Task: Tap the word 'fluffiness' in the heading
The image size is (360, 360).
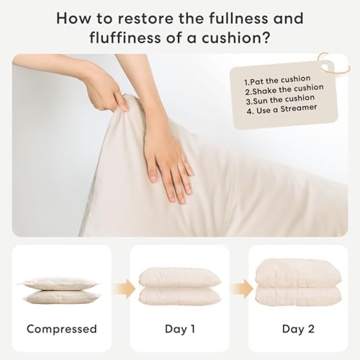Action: (125, 38)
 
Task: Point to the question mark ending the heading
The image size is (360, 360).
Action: (264, 37)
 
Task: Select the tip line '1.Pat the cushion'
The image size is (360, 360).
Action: (277, 81)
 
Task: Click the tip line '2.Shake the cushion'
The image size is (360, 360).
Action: (284, 90)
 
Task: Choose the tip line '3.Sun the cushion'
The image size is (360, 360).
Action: (280, 99)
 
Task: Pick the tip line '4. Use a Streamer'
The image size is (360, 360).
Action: (282, 109)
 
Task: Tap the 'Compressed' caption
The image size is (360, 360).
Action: (62, 329)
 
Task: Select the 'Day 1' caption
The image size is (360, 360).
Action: (180, 329)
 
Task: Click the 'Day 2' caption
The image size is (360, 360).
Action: (298, 329)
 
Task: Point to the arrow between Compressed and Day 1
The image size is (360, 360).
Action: (125, 289)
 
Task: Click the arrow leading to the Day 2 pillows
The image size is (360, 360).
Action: (243, 289)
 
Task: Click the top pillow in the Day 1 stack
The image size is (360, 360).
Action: (180, 278)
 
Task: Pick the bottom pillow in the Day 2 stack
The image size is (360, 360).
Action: (298, 297)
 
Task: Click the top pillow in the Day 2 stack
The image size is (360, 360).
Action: (298, 273)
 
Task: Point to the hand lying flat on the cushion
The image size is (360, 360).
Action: (166, 153)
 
